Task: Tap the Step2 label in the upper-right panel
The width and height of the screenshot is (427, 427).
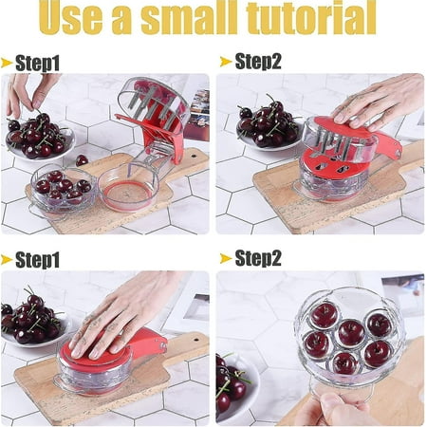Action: point(257,63)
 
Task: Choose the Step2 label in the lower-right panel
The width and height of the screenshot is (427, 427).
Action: point(257,258)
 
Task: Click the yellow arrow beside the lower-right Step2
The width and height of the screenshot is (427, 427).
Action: point(224,258)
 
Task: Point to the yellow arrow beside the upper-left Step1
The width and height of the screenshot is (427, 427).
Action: point(8,63)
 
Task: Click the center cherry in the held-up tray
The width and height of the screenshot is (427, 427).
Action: point(351,332)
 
